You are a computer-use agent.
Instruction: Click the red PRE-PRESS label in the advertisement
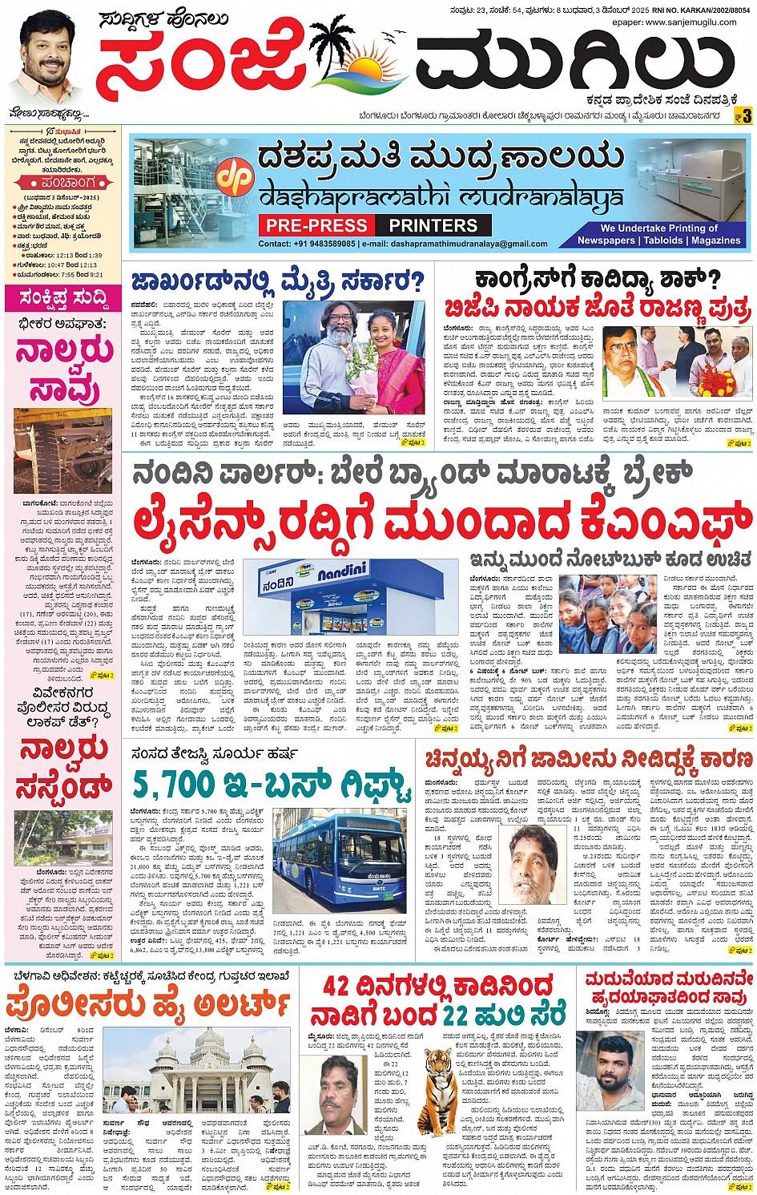[x=317, y=226]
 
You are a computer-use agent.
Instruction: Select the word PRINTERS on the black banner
[x=433, y=226]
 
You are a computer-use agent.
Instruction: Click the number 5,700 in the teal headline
[x=175, y=785]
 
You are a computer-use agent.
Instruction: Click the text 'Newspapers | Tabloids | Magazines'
[x=647, y=240]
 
